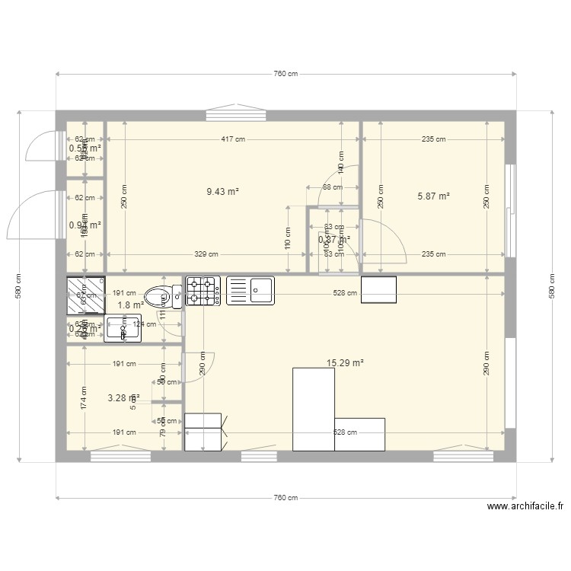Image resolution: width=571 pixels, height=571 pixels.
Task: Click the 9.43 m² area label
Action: pos(222,192)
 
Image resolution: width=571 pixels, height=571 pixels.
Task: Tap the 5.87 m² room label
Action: pos(433,196)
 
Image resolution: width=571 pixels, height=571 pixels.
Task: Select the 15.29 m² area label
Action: pos(346,363)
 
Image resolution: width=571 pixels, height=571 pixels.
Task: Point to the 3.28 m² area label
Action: pos(123,397)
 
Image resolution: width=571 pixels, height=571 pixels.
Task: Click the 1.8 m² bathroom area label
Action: pos(130,305)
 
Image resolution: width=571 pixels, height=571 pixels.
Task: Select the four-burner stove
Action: pos(203,291)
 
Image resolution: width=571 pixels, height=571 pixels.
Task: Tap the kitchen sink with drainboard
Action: pos(250,291)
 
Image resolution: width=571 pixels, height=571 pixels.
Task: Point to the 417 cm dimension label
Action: pos(233,139)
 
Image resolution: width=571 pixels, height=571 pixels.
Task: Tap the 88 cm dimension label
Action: pos(332,187)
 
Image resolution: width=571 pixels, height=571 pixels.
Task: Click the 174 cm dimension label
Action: pos(84,397)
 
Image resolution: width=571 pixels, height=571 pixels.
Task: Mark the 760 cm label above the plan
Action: pos(285,74)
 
